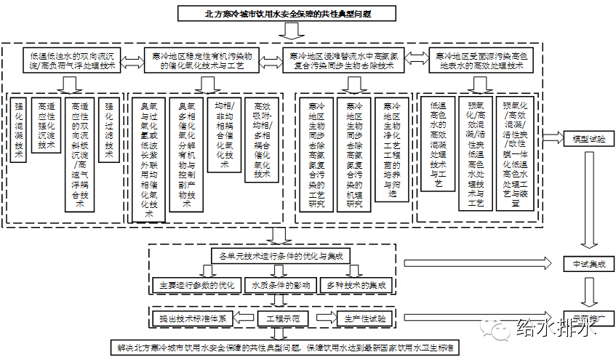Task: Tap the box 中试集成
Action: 588,263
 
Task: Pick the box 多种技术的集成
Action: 356,284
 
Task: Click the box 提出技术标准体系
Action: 193,319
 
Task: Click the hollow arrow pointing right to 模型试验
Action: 553,137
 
